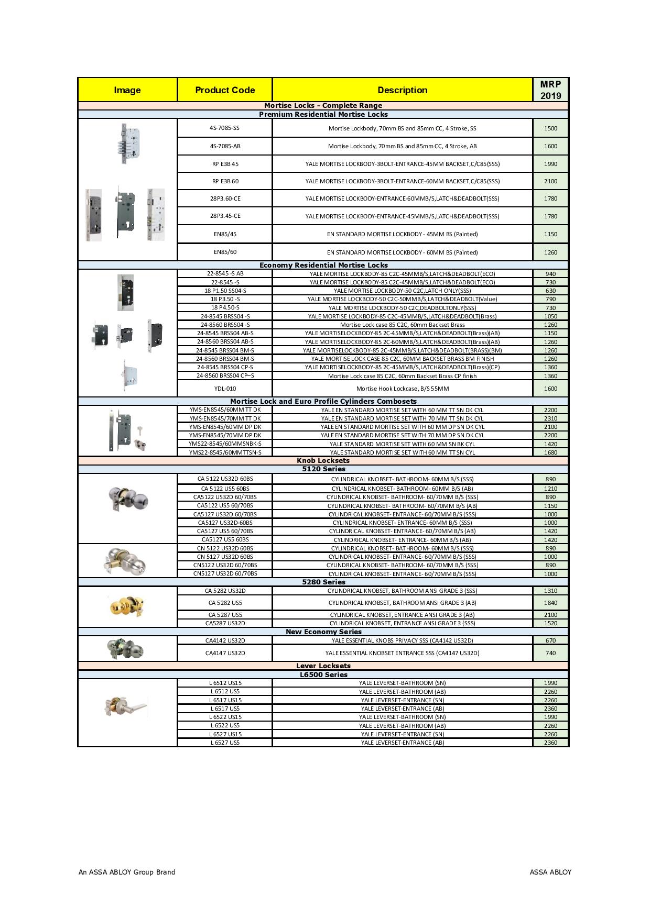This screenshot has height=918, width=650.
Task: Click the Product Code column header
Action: coord(225,90)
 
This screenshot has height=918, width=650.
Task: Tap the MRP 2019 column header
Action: coord(550,90)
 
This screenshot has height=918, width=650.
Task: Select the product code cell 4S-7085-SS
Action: coord(225,128)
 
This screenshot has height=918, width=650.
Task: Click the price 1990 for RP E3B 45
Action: coord(550,164)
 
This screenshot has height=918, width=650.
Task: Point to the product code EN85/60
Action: coord(225,252)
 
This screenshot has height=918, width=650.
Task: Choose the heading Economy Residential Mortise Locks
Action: coord(323,265)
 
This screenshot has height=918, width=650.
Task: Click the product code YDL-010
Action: coord(225,389)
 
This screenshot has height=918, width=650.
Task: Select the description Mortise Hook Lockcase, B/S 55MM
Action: coord(403,389)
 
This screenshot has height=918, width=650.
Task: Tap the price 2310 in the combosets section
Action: coord(550,418)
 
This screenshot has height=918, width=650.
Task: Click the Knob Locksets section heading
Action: coord(323,461)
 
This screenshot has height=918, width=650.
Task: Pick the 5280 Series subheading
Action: coord(323,582)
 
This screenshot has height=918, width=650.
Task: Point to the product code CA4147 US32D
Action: coord(225,653)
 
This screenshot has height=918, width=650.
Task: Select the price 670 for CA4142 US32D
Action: coord(550,640)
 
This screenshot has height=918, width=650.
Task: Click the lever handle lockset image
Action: coord(126,707)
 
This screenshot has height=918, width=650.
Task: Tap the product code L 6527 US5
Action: coord(225,743)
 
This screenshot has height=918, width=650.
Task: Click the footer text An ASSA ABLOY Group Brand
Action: coord(127,872)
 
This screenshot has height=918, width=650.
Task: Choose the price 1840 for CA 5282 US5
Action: coord(550,603)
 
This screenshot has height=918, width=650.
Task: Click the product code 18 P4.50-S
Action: coord(225,307)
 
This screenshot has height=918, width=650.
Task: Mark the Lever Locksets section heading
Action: coord(323,666)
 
